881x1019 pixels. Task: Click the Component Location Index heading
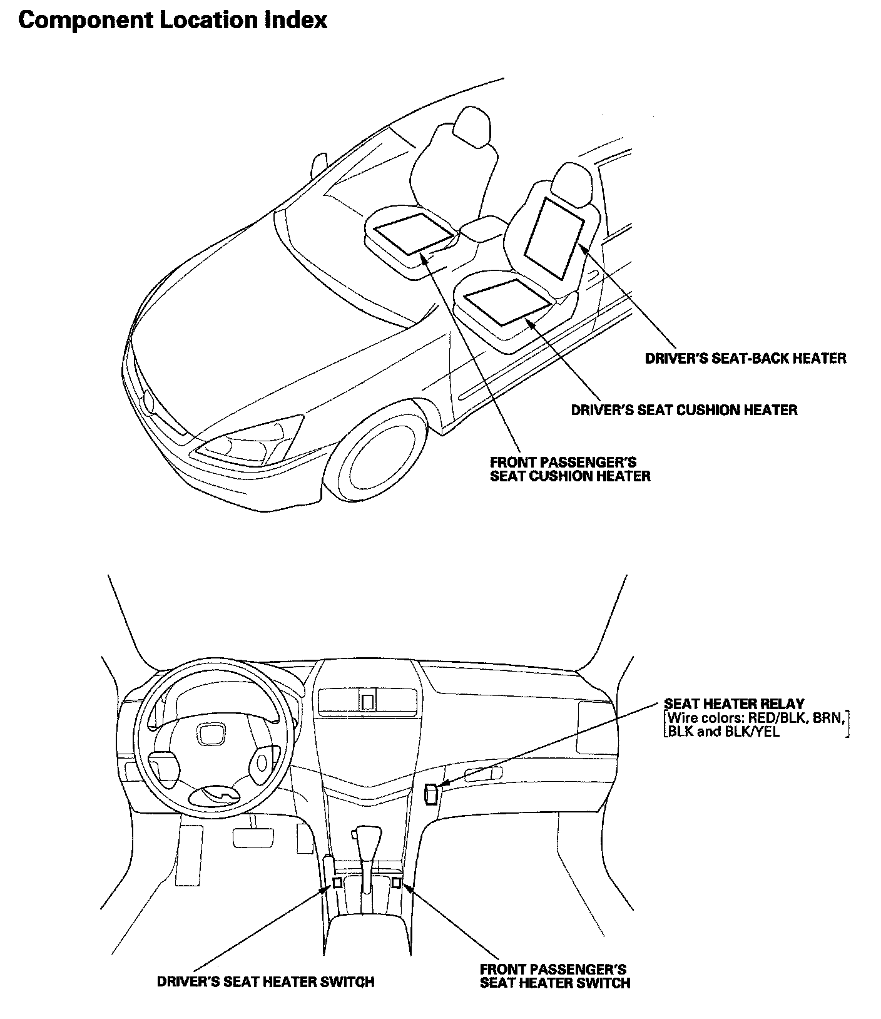173,20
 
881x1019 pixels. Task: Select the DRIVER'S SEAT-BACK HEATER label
745,358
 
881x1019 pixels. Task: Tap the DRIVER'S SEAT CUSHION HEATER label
684,410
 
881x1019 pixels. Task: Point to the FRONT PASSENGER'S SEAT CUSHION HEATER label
569,469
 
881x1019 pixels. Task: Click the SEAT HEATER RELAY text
733,704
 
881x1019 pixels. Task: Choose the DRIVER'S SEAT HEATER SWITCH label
265,981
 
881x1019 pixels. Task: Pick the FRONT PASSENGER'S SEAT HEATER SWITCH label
554,976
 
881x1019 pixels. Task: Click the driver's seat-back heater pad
553,238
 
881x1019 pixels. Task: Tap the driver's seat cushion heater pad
507,301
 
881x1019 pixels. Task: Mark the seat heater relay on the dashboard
431,794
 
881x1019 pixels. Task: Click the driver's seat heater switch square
337,883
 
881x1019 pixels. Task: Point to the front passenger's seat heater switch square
395,883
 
